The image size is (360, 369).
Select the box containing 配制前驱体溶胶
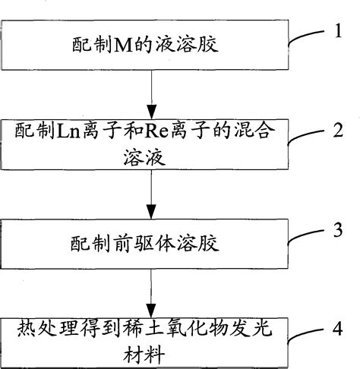click(x=146, y=245)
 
